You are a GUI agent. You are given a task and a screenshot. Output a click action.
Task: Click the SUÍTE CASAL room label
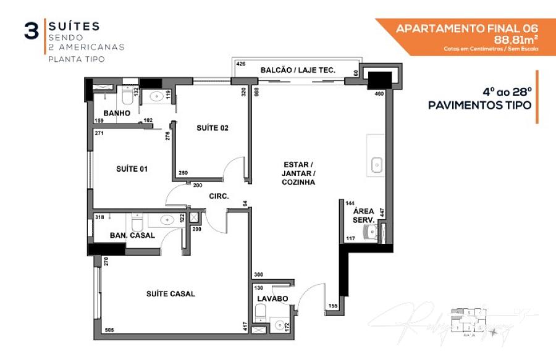coord(171,294)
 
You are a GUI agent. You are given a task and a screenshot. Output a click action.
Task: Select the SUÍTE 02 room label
coord(213,128)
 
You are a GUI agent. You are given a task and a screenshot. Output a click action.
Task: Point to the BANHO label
coord(117,114)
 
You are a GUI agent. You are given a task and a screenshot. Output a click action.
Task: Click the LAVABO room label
coord(273,299)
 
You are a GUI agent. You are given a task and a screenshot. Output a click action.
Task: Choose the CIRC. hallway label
coord(219,196)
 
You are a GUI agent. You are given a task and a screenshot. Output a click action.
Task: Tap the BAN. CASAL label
coord(132,235)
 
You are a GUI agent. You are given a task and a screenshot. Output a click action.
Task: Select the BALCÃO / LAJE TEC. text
coord(298,70)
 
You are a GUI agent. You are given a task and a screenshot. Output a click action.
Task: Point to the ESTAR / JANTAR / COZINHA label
coord(298,174)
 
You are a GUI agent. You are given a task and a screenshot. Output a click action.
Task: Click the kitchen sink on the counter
coord(376,165)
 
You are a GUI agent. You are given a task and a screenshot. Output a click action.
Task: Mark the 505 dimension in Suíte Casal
coord(110,330)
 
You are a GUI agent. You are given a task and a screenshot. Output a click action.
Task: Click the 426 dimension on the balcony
coord(242,64)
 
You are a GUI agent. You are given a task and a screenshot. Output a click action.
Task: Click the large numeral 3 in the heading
coord(31,32)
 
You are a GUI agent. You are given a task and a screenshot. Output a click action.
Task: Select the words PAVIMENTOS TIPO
coord(479,106)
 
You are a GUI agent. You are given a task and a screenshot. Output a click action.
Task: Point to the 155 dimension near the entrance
coord(333,306)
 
